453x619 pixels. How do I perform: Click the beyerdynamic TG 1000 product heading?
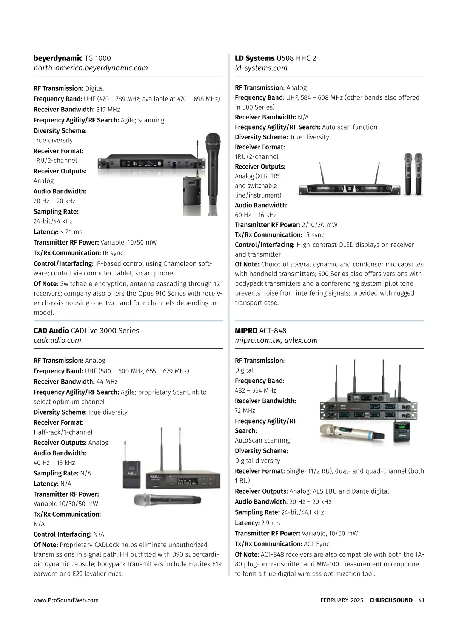(72, 58)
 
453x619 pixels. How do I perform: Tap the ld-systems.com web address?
(261, 68)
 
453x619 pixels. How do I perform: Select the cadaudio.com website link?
(57, 340)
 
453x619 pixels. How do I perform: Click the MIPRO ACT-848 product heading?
(260, 331)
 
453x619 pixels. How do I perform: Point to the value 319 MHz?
(108, 110)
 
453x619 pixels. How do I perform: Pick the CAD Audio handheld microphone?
(168, 500)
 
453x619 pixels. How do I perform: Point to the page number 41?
(421, 600)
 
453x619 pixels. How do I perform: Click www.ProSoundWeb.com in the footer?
(66, 600)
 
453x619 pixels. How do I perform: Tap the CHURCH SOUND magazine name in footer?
(391, 600)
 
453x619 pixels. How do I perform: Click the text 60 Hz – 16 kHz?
(256, 215)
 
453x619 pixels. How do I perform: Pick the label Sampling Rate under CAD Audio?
(56, 473)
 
